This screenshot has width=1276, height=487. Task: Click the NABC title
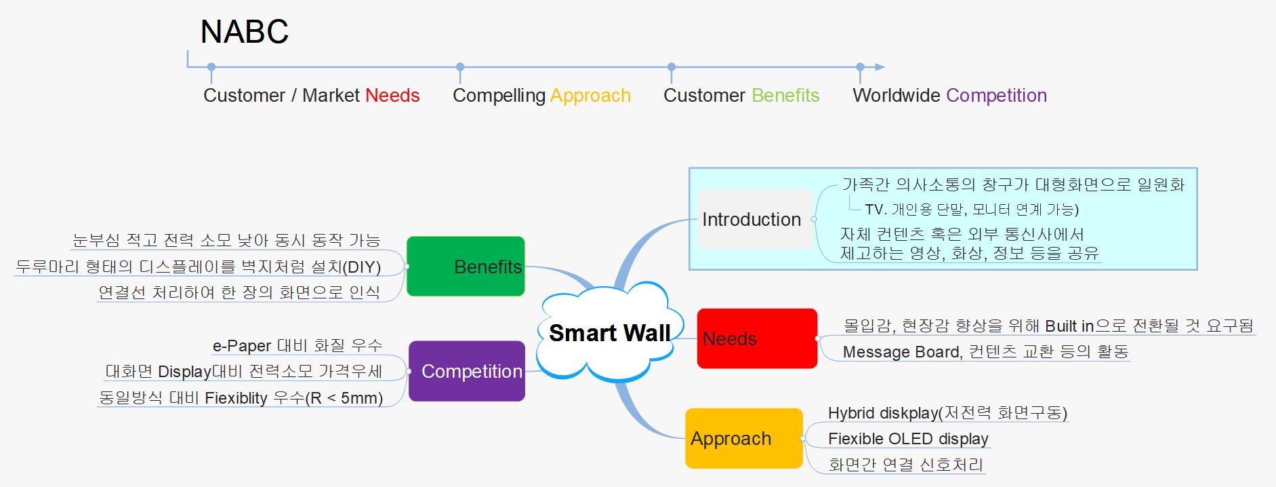pos(245,32)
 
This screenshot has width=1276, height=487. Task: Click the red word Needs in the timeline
pos(392,96)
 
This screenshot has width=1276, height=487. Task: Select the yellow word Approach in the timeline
pos(590,96)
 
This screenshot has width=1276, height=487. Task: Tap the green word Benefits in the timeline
pos(785,96)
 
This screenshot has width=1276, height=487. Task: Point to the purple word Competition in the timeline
pos(997,96)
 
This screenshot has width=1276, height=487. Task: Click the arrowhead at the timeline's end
pos(880,67)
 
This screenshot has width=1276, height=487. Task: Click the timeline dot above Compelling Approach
pos(460,67)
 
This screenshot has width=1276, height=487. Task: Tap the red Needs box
pos(757,338)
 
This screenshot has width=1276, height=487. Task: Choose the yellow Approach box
pos(744,438)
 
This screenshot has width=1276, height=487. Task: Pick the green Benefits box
pos(466,266)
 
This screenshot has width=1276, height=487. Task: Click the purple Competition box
pos(467,371)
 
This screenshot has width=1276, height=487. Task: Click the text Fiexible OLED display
pos(908,439)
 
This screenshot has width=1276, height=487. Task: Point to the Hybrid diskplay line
pos(947,413)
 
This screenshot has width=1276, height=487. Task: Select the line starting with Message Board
pos(985,352)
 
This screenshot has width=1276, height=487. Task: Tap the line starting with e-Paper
pos(297,346)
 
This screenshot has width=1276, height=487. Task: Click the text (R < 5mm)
pos(344,398)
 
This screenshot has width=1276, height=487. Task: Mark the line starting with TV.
pos(972,210)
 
